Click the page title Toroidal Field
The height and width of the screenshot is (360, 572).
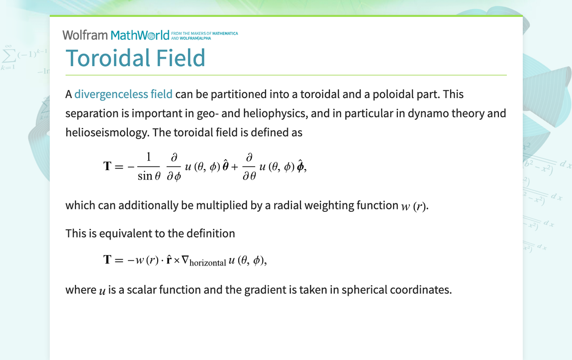[x=135, y=58]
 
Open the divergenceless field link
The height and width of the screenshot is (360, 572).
[x=123, y=94]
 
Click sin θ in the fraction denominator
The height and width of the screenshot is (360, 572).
[x=149, y=176]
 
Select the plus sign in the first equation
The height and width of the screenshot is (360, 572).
[x=235, y=167]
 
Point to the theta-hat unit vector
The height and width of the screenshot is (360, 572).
[x=225, y=166]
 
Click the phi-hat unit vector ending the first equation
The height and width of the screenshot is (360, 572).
[x=300, y=166]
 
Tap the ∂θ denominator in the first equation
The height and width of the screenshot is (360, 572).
[x=249, y=176]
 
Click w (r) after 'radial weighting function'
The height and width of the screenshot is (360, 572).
[x=414, y=206]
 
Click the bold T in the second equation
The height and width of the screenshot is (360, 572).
[x=107, y=260]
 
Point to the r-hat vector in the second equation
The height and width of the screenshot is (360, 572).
[x=169, y=259]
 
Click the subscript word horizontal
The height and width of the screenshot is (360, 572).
[x=207, y=263]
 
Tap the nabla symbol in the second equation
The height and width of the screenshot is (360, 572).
[x=185, y=260]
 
